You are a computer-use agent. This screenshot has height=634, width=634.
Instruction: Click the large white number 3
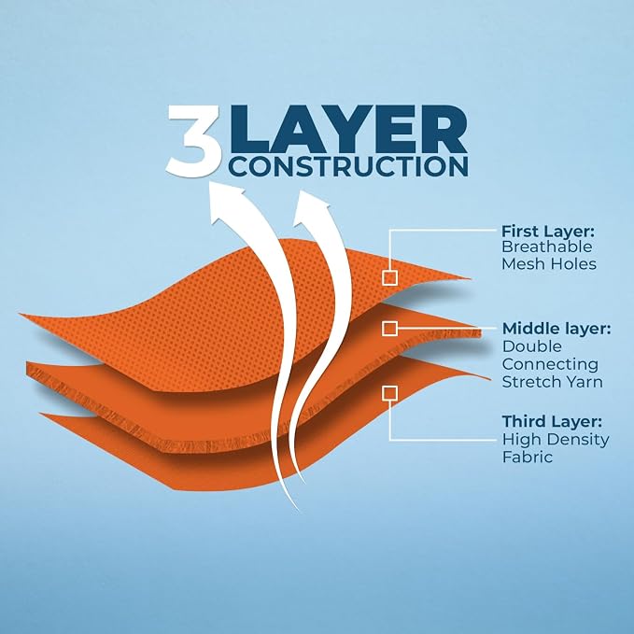click(194, 141)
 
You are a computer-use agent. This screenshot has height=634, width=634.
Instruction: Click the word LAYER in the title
click(348, 129)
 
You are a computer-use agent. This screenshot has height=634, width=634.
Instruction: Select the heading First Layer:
click(548, 232)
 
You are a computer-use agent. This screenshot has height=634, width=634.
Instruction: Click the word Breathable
click(546, 247)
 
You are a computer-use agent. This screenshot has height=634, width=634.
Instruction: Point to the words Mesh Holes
click(549, 264)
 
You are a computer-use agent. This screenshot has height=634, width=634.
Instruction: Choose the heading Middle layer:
click(557, 329)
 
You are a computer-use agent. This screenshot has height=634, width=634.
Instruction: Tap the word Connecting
click(550, 365)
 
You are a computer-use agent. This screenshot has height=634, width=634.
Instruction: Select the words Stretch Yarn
click(553, 382)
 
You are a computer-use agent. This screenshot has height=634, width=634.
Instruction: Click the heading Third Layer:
click(552, 422)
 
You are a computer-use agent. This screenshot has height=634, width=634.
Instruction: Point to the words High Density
click(556, 440)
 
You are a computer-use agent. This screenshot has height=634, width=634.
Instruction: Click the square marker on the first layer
click(389, 277)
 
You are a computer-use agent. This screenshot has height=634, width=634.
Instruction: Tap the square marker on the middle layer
click(389, 329)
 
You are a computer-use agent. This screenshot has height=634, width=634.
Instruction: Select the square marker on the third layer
click(389, 393)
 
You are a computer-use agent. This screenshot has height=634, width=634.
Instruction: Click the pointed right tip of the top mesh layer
click(471, 278)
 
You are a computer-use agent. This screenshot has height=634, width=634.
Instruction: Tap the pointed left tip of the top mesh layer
click(20, 314)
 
